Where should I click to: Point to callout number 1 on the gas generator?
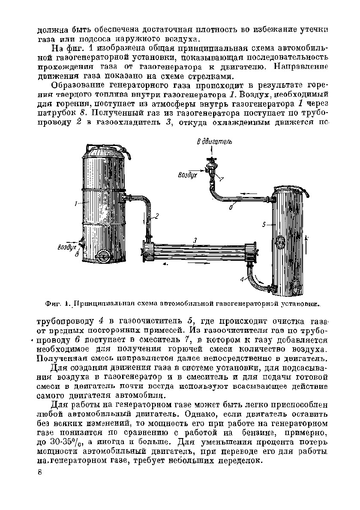[75, 204]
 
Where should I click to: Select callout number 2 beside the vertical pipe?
[157, 216]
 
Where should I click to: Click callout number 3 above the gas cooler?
[195, 241]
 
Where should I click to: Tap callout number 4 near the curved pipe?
[242, 279]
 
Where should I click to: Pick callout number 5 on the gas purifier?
[265, 224]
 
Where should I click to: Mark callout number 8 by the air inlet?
[77, 254]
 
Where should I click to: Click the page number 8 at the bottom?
[40, 472]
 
